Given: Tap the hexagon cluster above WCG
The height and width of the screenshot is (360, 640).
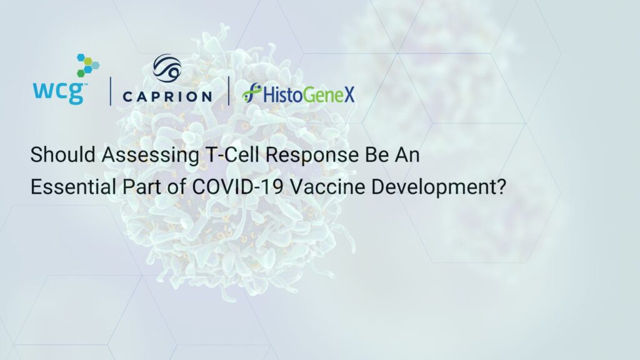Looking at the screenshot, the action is tap(88, 65).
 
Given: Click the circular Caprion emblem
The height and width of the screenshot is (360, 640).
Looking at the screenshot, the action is tap(167, 67).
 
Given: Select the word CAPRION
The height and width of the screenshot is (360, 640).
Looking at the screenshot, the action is tap(167, 97).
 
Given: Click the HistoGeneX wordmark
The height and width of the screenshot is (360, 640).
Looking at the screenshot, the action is tap(309, 94).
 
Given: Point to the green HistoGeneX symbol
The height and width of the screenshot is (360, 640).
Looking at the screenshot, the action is tap(251, 92).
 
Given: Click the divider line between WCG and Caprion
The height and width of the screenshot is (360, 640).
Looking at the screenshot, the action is tap(110, 91).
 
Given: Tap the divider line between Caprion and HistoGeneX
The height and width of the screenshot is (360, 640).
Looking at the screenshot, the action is tap(229, 91).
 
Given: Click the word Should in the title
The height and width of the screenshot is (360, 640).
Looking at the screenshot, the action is tap(63, 155).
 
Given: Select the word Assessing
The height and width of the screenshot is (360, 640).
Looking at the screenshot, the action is tap(151, 156).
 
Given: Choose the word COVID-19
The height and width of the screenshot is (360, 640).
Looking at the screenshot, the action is tap(237, 187).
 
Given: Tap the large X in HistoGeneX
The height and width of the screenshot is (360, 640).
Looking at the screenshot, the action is tap(349, 94).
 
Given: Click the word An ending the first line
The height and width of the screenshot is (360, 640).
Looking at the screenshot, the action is tap(407, 155).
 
